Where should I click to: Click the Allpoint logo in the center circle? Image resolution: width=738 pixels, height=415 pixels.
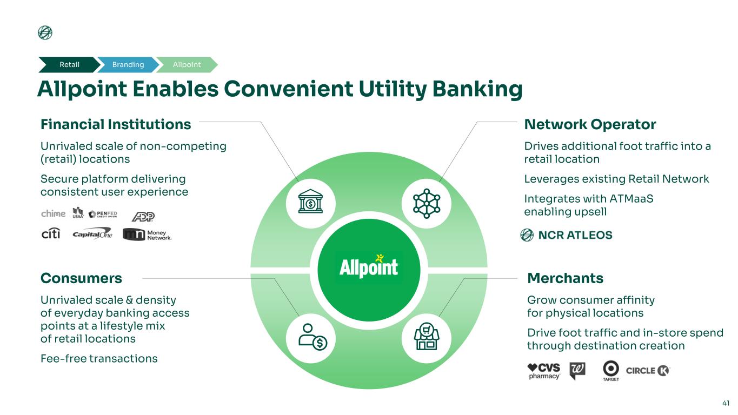click(x=369, y=266)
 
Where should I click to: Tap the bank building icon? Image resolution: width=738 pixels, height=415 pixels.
click(x=310, y=203)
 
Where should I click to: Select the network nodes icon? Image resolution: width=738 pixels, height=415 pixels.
click(x=427, y=203)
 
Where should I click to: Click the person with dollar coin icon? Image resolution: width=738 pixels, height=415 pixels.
click(x=310, y=337)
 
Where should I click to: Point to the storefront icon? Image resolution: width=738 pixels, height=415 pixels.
click(x=427, y=337)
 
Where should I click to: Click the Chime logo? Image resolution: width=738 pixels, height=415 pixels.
click(x=54, y=214)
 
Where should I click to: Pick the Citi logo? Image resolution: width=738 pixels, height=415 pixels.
click(x=51, y=233)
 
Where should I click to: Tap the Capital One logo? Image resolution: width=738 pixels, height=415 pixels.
click(x=92, y=234)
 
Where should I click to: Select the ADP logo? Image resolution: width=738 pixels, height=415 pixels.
click(x=143, y=215)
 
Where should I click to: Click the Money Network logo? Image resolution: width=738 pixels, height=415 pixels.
click(x=147, y=234)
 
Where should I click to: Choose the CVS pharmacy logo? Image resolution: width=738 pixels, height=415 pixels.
click(x=544, y=371)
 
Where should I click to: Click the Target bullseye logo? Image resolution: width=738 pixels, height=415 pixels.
click(x=611, y=371)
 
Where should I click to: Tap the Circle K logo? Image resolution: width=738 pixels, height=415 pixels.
click(x=648, y=371)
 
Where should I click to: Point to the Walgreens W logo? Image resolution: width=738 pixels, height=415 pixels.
click(x=577, y=371)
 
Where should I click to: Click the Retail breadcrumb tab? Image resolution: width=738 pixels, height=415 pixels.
click(x=69, y=65)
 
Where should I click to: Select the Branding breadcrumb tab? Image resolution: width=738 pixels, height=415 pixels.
click(x=128, y=65)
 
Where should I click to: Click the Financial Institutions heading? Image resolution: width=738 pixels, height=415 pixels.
click(x=116, y=125)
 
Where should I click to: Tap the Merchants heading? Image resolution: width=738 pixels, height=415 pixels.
click(x=565, y=278)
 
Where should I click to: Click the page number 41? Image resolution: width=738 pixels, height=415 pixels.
click(x=726, y=403)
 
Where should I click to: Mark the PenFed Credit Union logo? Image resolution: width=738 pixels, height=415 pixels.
click(x=103, y=214)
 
